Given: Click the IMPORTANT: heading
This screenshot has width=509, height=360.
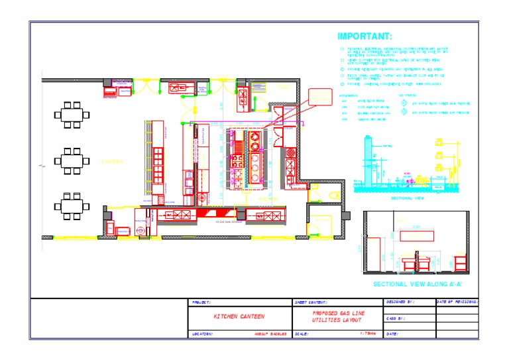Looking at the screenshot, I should [365, 36].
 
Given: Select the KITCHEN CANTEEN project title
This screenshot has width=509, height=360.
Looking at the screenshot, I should [239, 317].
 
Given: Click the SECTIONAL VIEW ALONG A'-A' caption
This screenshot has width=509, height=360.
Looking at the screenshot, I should [417, 284].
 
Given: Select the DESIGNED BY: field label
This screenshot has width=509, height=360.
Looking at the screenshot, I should [400, 302].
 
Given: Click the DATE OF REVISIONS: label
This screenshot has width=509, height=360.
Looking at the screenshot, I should [457, 302].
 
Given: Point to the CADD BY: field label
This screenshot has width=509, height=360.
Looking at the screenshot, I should [396, 318].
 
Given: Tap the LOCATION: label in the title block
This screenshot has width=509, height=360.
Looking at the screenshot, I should [202, 334].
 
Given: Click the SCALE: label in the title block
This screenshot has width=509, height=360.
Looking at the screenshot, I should [302, 334].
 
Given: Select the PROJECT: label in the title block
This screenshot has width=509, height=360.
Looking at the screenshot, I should [201, 302].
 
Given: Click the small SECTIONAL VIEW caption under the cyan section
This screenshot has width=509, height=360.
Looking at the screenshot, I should [407, 198].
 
